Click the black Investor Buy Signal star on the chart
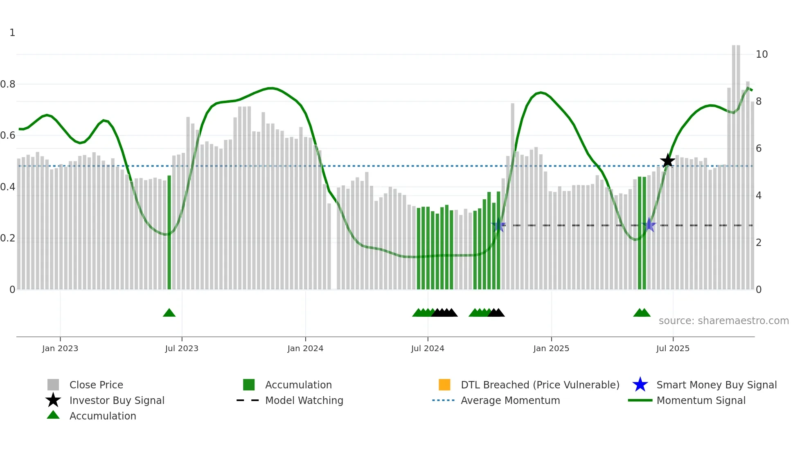667,161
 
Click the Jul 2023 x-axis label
182,348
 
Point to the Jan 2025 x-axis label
551,348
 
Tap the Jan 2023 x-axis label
60,348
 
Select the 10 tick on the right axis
761,54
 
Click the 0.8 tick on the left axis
8,84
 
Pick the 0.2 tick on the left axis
8,238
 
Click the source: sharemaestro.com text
723,321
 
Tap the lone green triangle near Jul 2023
169,313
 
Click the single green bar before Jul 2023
169,233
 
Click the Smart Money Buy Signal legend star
640,385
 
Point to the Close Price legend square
53,385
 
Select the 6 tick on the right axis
759,149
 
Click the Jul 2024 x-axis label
428,348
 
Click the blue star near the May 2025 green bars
649,225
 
